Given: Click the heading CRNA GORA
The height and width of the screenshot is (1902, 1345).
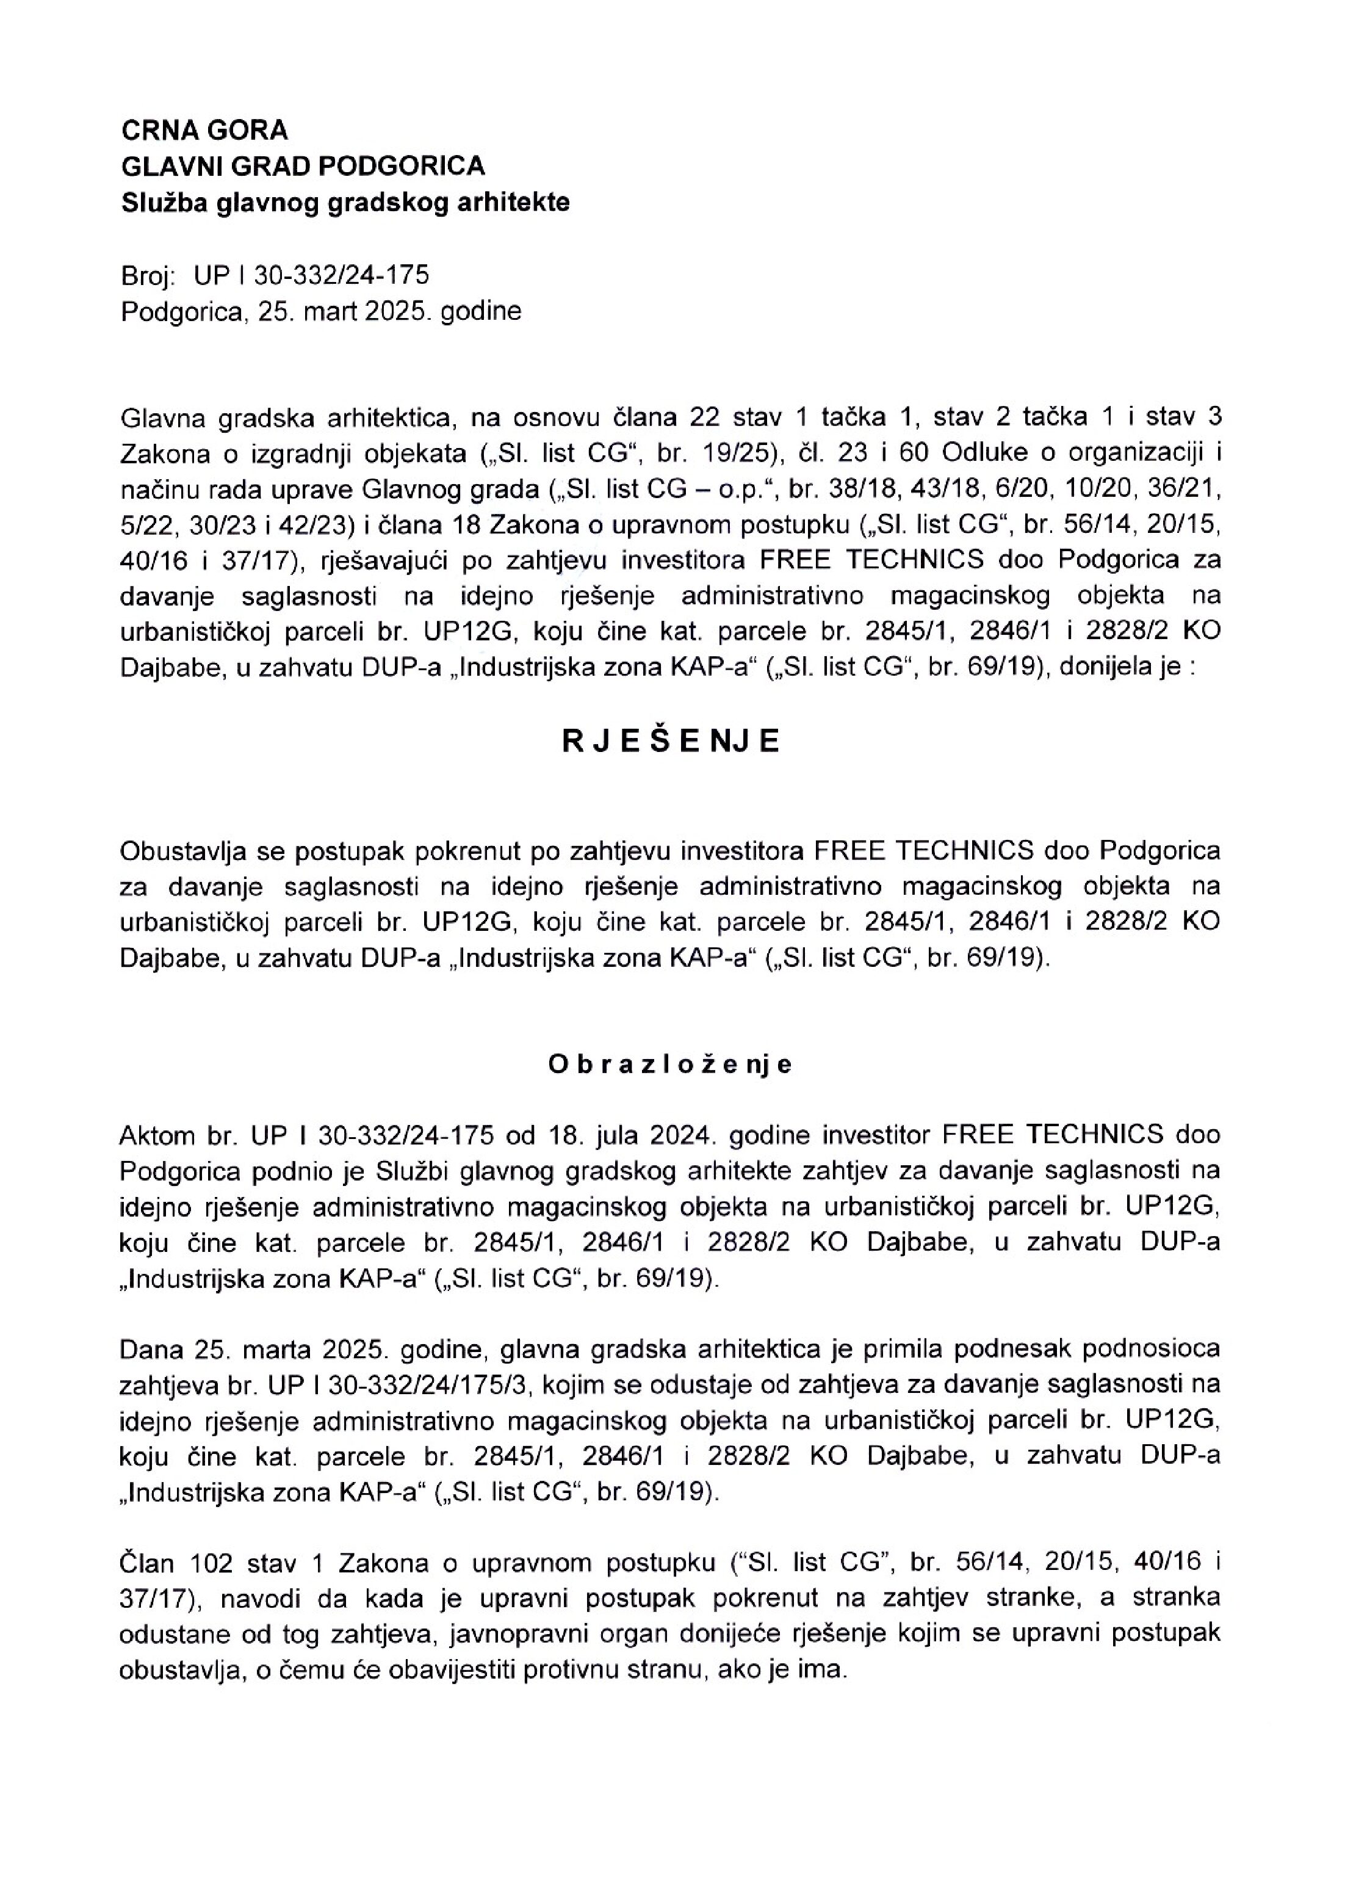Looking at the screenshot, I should [x=204, y=130].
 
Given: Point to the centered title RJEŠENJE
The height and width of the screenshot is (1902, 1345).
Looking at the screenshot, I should [x=671, y=742].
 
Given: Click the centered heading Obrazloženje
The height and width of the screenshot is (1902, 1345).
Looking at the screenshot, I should [x=671, y=1065].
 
